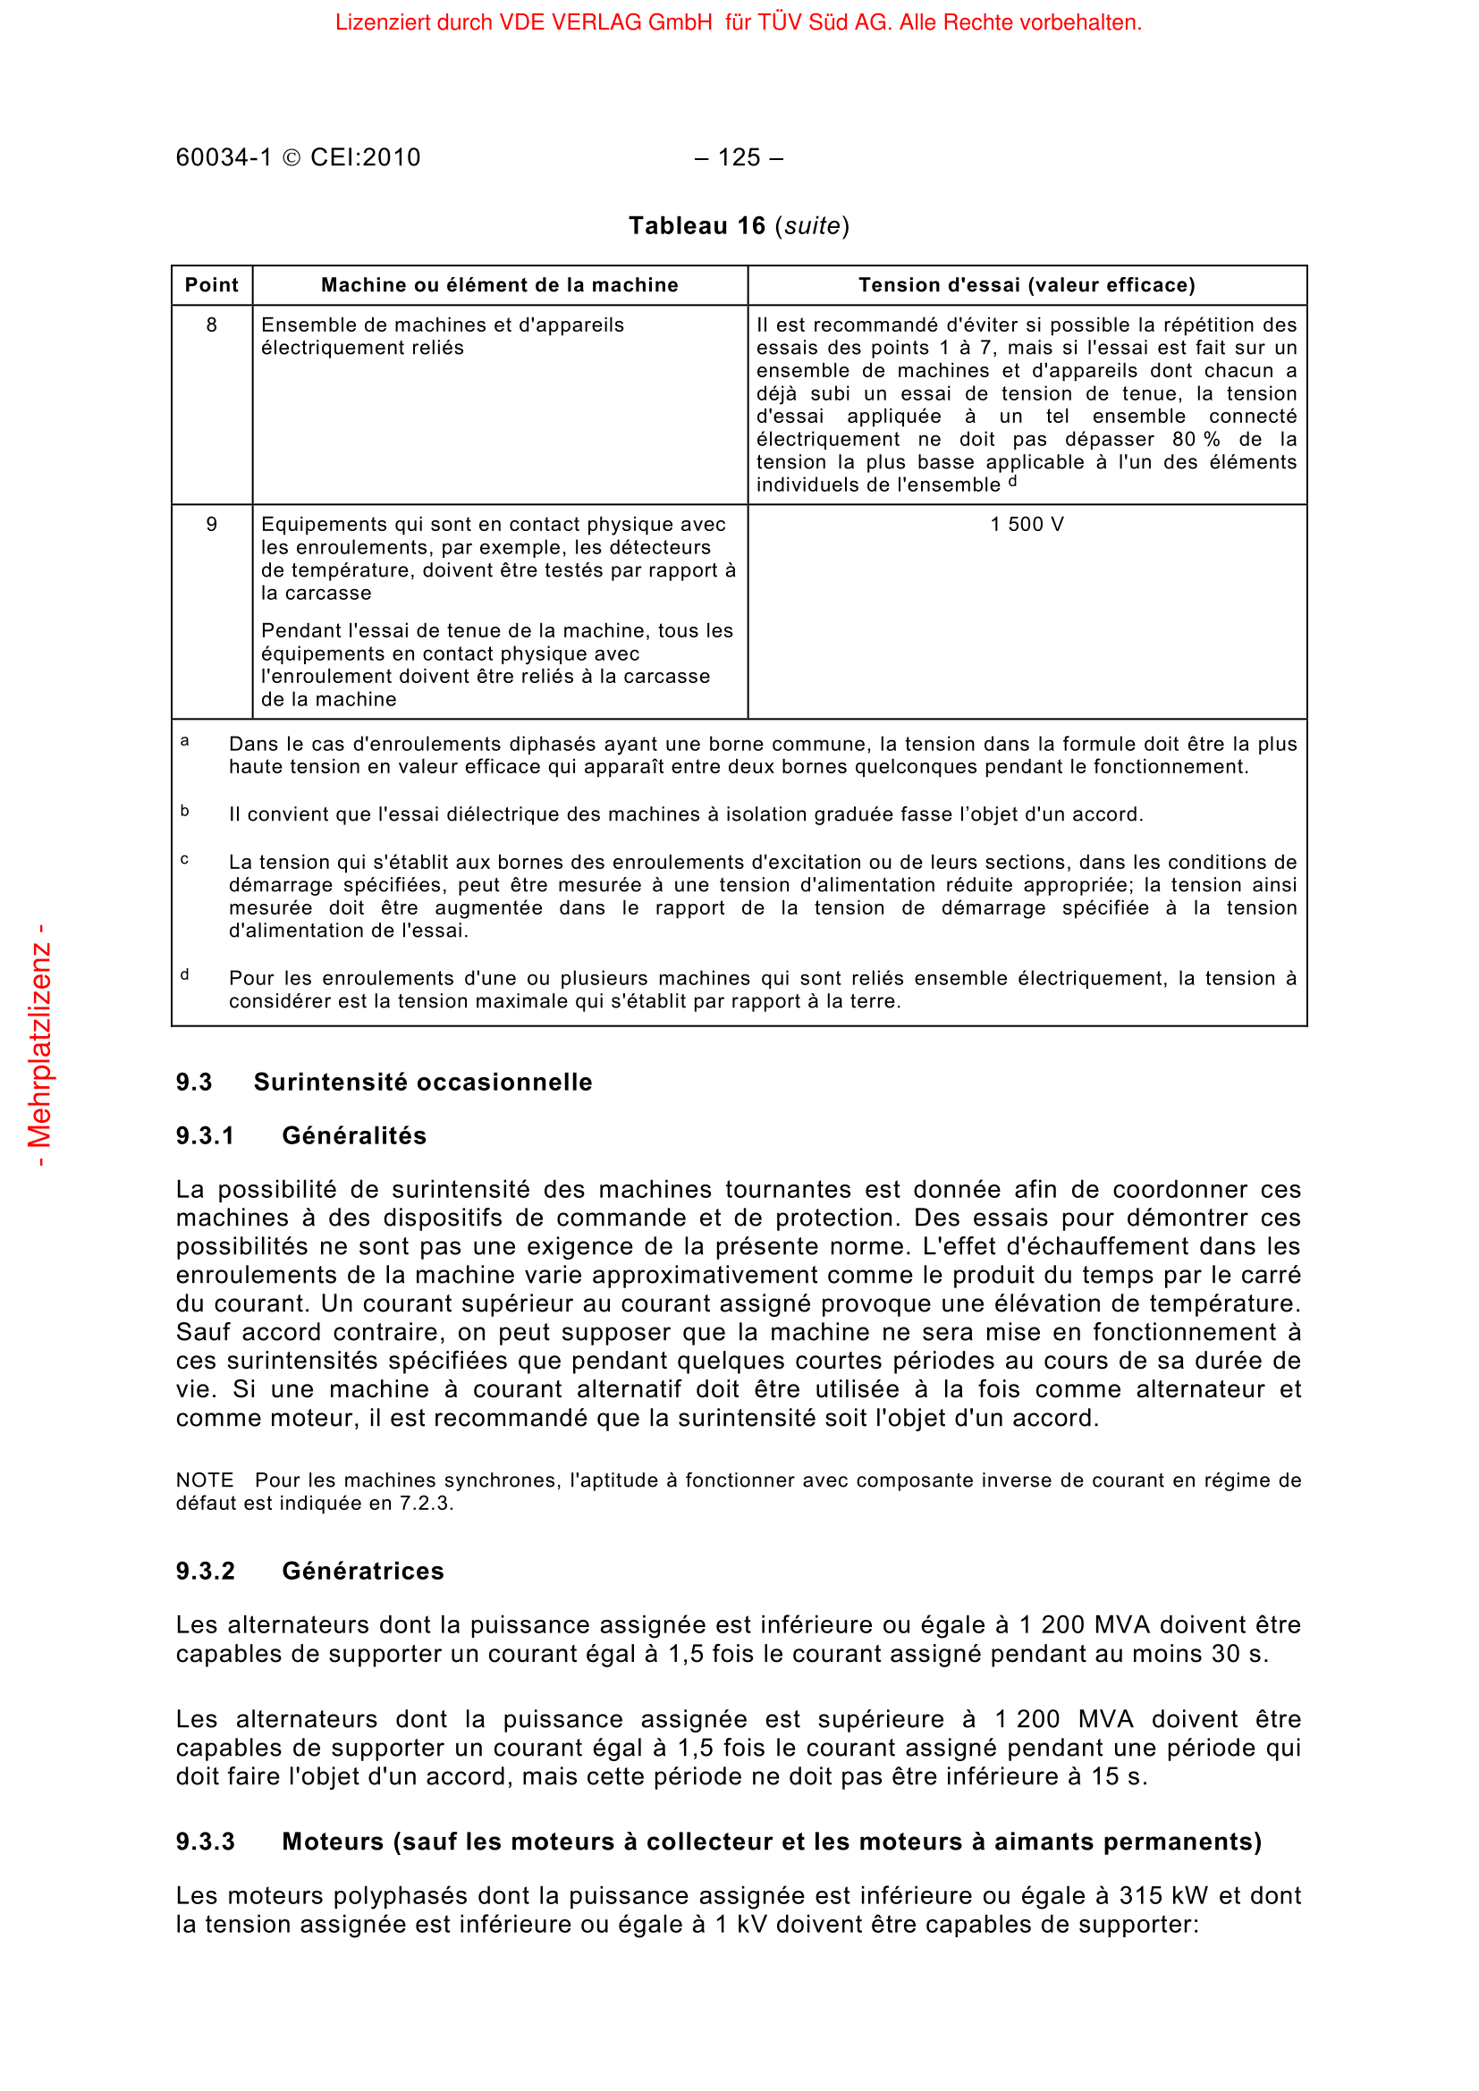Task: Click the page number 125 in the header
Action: pos(739,157)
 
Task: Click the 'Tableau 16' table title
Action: pos(697,226)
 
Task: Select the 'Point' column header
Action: pos(211,285)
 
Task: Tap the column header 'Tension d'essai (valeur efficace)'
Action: pos(1027,285)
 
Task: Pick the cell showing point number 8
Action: pos(211,325)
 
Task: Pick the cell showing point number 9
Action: pos(211,525)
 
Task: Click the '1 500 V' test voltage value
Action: pos(1027,525)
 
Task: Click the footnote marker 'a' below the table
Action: pos(185,741)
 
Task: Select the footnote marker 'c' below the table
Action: pos(185,860)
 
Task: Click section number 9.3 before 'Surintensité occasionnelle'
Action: pos(194,1082)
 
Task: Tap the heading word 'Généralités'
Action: pos(354,1135)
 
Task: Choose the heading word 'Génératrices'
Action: pos(362,1571)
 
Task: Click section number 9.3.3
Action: pos(205,1842)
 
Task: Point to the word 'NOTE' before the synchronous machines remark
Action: pos(205,1480)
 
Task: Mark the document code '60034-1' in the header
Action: pos(224,157)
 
